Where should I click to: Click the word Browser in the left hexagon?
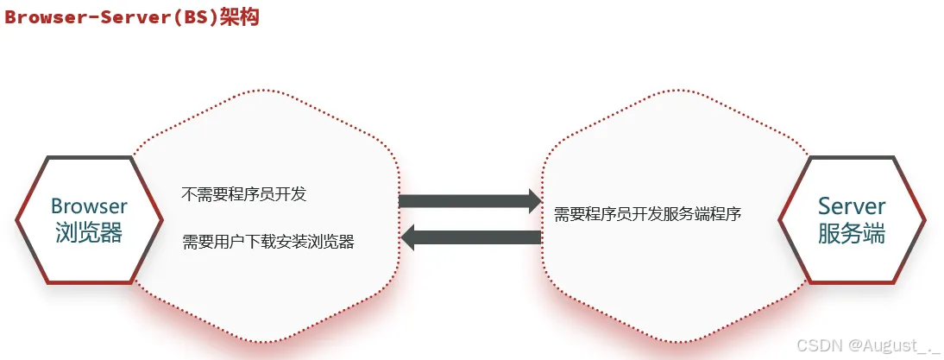coord(89,206)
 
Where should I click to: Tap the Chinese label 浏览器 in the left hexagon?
coord(89,232)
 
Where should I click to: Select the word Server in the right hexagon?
coord(852,206)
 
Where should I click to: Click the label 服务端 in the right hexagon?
coord(852,233)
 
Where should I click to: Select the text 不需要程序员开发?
coord(244,194)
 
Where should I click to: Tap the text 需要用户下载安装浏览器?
coord(268,242)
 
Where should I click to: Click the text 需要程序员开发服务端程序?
coord(648,212)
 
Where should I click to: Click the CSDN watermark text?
coord(816,344)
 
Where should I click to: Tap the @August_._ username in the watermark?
coord(889,344)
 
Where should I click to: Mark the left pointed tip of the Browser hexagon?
coord(16,219)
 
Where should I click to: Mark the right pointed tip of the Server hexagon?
coord(926,219)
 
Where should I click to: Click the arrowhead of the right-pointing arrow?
coord(532,202)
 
